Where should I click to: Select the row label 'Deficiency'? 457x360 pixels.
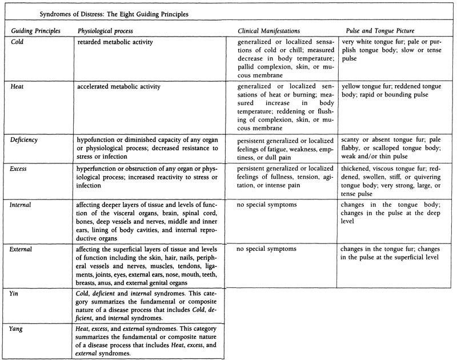coord(26,139)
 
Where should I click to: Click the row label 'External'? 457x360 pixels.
coord(25,249)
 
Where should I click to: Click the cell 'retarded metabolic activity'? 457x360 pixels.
coord(116,42)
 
